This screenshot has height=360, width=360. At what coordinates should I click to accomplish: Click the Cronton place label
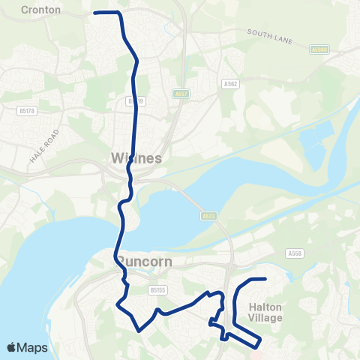[41, 10]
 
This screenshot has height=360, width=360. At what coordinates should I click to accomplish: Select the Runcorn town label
[145, 262]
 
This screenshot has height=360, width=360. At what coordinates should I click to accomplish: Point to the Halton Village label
[265, 313]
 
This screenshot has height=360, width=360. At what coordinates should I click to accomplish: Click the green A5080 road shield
[319, 49]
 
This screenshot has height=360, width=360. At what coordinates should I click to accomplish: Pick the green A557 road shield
[179, 94]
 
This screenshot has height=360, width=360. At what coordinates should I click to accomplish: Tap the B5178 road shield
[26, 109]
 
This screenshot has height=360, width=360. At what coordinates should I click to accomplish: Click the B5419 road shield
[136, 100]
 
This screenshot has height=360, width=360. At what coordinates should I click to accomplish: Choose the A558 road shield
[295, 254]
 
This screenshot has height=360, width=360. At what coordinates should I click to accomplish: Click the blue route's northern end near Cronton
[95, 13]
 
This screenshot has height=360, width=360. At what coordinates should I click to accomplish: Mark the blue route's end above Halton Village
[265, 279]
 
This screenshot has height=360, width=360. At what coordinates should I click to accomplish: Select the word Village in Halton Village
[265, 318]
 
